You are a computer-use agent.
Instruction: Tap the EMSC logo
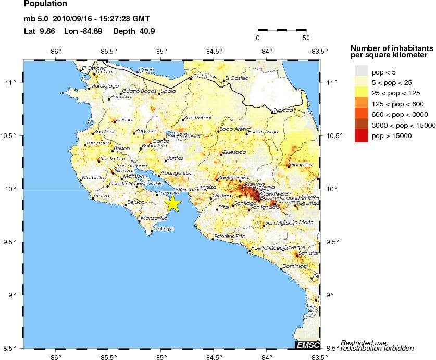click(307, 345)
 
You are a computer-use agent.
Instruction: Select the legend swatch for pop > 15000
click(361, 136)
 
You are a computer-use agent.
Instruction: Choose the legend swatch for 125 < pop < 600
click(361, 103)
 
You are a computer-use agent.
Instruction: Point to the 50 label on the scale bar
click(305, 38)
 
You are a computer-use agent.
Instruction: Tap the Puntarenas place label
click(193, 190)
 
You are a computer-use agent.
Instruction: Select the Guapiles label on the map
click(302, 165)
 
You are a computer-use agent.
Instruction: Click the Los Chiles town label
click(204, 77)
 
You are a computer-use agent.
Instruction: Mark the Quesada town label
click(233, 152)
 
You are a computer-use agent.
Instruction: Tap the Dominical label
click(296, 266)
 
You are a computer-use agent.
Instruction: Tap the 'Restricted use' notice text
click(365, 343)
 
